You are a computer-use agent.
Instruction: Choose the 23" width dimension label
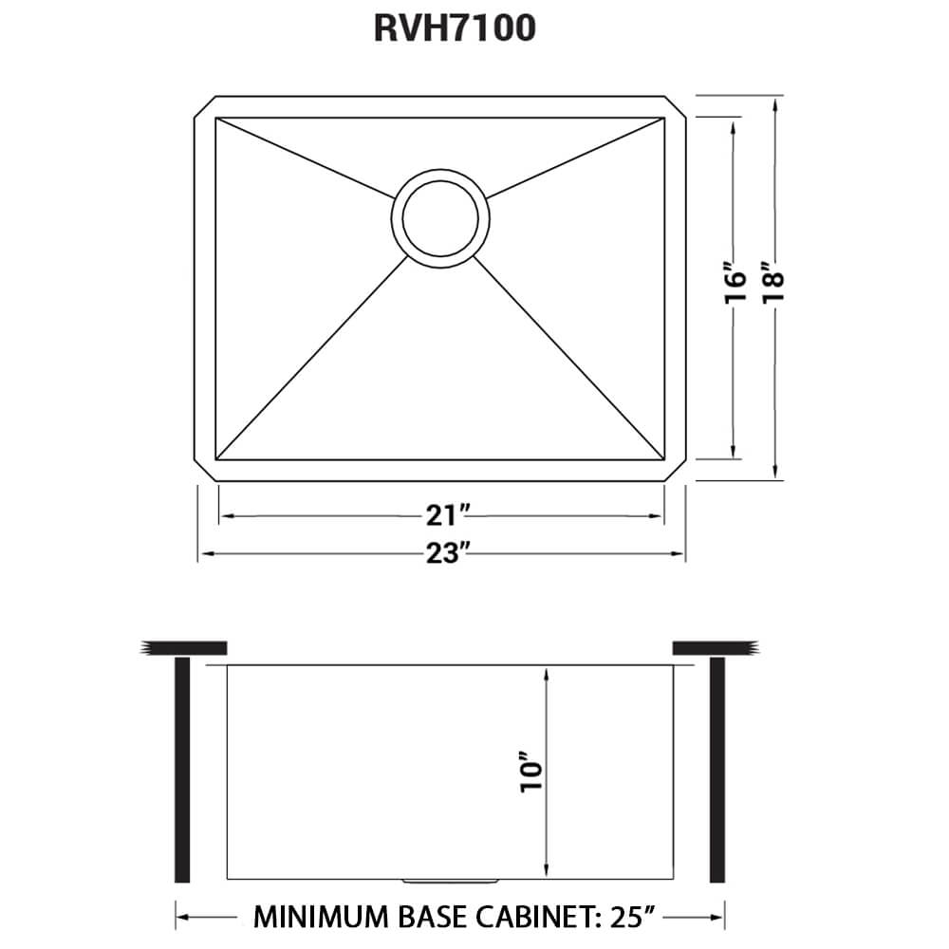pos(442,553)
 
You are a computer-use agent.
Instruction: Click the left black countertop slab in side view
pos(184,648)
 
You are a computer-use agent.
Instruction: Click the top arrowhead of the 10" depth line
pos(548,673)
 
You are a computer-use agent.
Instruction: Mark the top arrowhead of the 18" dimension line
pos(777,102)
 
